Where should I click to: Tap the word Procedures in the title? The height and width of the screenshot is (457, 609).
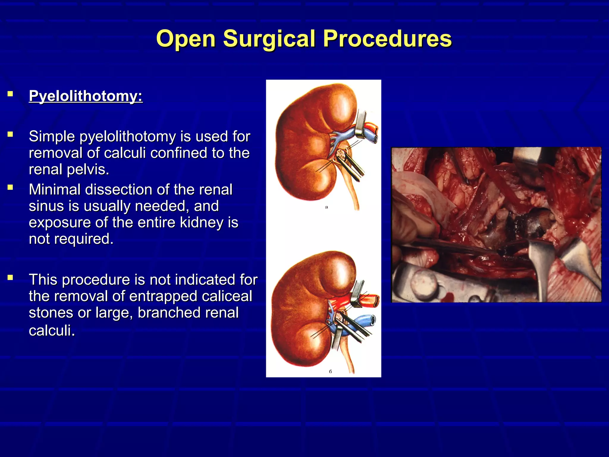pos(387,39)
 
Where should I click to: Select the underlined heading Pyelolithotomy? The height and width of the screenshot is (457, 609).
pos(86,96)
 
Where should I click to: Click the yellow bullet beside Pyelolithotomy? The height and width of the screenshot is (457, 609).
pos(10,94)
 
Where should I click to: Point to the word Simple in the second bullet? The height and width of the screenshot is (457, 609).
pos(52,137)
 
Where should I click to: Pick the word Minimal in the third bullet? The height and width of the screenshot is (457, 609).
pos(55,190)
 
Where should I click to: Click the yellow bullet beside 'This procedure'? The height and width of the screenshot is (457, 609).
pos(10,278)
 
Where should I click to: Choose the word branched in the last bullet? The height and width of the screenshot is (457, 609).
pos(188,313)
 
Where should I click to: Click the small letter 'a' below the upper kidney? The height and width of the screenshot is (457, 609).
pos(327,207)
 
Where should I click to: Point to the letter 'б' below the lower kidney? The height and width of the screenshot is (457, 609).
pos(330,372)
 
